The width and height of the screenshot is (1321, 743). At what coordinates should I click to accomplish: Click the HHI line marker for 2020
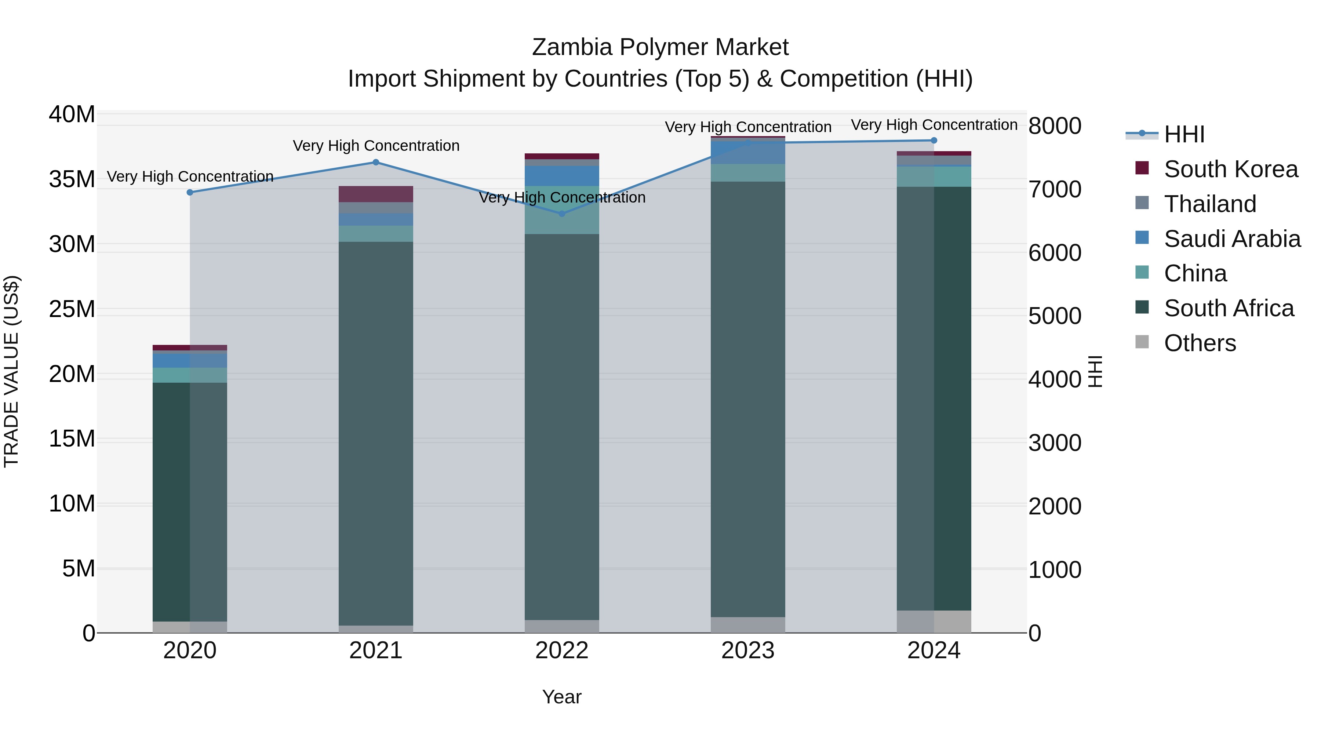(x=190, y=192)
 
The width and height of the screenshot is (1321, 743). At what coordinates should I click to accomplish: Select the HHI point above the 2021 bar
(x=376, y=162)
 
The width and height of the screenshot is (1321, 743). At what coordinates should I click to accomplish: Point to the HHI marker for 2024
(x=934, y=141)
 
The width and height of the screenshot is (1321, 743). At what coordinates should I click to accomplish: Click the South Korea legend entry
(x=1230, y=169)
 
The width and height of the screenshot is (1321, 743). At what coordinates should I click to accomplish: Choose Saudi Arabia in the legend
(x=1232, y=239)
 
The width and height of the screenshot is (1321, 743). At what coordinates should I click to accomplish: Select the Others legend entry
(x=1200, y=343)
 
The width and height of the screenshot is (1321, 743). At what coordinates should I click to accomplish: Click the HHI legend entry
(x=1183, y=134)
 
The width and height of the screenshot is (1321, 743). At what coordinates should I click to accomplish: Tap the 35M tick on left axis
(x=72, y=179)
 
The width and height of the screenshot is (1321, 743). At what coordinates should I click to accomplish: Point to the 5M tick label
(x=79, y=569)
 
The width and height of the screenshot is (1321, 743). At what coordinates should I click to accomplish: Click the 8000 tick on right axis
(x=1055, y=126)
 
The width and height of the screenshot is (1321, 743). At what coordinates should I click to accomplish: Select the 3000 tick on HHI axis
(x=1055, y=443)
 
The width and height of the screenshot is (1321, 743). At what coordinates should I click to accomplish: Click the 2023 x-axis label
(x=748, y=651)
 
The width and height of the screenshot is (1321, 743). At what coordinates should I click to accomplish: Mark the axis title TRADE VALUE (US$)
(x=11, y=371)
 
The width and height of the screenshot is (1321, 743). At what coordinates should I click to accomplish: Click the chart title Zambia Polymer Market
(x=660, y=47)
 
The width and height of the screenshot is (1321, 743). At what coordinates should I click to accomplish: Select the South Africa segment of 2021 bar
(x=376, y=433)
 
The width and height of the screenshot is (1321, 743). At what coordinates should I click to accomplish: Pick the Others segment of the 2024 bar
(x=934, y=622)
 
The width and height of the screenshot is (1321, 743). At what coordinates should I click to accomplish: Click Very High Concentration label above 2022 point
(x=562, y=197)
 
